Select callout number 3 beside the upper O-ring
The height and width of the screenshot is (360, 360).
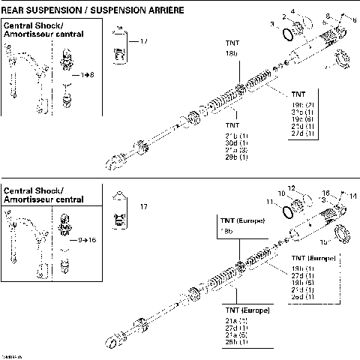click(272, 25)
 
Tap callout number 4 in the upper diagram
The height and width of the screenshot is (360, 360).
click(292, 10)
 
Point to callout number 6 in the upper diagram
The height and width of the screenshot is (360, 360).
click(355, 20)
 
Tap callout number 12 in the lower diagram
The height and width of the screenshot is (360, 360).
click(292, 187)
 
